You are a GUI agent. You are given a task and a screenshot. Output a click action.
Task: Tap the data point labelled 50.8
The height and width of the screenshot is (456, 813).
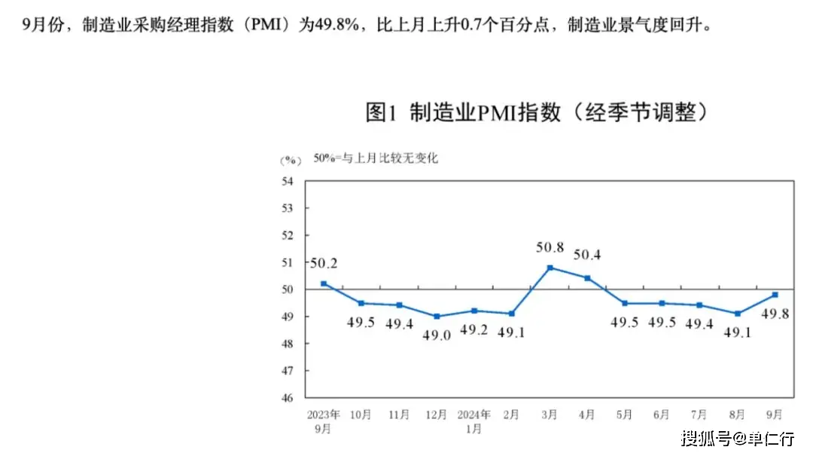[550, 268]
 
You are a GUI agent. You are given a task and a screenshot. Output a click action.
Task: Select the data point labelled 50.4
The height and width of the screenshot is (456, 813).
[587, 278]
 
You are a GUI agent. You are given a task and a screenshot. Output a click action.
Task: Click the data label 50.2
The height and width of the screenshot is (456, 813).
[324, 263]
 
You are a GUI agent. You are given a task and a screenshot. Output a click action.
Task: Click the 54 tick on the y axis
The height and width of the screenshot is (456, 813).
[288, 181]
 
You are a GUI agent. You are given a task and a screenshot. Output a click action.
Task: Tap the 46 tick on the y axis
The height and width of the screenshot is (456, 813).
[288, 397]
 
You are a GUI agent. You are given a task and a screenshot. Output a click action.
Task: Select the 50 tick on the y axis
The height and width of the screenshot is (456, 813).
[288, 289]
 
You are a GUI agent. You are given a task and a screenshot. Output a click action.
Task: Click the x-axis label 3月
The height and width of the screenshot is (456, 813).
[550, 415]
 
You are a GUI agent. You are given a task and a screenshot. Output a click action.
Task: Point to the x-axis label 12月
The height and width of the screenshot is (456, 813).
[437, 415]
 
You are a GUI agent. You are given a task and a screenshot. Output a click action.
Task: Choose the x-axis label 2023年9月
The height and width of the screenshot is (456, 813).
[324, 421]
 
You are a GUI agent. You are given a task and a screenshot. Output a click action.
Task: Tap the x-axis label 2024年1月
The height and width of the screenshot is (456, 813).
[474, 421]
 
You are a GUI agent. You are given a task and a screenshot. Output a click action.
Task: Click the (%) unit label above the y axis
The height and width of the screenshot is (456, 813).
[290, 160]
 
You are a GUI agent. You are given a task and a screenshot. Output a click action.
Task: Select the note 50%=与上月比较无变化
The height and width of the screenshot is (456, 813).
[376, 158]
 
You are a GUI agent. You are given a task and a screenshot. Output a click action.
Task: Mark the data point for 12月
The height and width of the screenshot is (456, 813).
[437, 317]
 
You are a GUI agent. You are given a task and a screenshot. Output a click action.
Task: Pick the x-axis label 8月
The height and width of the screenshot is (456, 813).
[738, 415]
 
